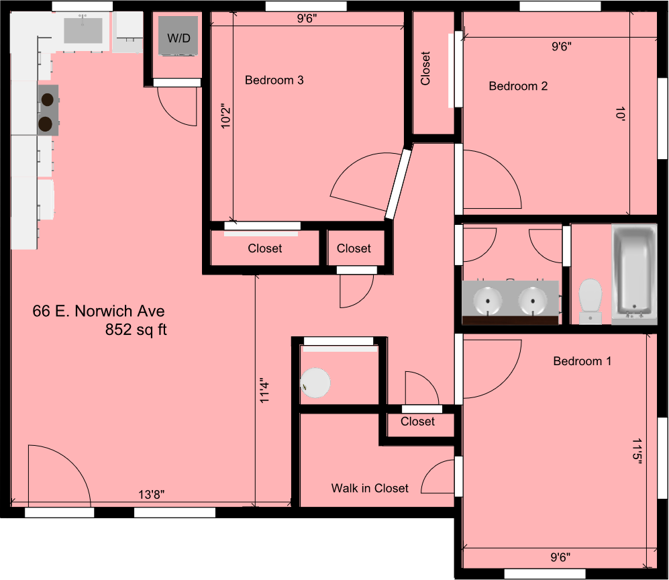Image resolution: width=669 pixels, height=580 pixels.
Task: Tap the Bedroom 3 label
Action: (x=274, y=80)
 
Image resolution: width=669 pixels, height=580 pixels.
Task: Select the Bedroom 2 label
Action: (x=517, y=86)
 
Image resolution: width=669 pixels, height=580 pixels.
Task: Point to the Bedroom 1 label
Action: (x=582, y=361)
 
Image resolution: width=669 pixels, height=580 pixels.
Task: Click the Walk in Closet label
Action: (x=369, y=488)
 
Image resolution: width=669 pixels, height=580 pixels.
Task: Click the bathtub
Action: (x=633, y=274)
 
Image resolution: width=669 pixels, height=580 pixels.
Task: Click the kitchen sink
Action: (x=83, y=31)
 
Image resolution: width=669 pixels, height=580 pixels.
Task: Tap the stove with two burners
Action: (x=47, y=111)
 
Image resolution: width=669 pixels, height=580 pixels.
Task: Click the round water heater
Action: (x=315, y=383)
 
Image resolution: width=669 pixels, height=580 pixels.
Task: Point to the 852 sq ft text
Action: (x=136, y=330)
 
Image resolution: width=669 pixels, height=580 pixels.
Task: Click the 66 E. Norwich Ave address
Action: (x=98, y=311)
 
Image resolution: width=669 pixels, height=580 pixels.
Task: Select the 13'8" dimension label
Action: (x=151, y=495)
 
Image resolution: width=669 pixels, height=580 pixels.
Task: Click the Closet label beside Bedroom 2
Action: (x=425, y=68)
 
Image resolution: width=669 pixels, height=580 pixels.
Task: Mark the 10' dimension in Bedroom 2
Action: (x=620, y=115)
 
